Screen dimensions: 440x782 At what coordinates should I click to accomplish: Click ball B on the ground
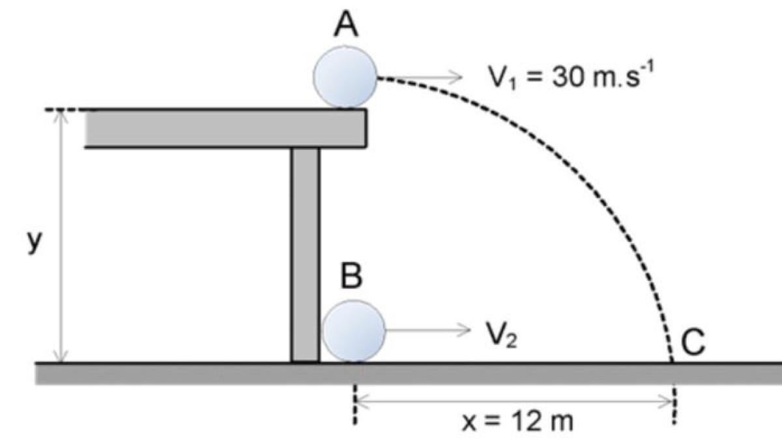[354, 331]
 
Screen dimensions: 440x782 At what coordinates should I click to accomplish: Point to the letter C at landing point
[693, 343]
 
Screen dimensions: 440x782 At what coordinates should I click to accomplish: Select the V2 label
[502, 336]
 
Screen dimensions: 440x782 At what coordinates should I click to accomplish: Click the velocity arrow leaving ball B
[430, 330]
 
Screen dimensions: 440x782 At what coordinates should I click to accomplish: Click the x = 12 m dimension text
[518, 421]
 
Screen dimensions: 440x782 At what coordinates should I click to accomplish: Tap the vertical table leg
[306, 254]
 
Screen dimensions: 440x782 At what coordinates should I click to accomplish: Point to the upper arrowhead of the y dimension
[62, 116]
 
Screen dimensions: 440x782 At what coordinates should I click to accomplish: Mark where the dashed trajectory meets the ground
[672, 362]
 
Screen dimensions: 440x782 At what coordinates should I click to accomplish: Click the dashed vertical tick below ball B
[355, 404]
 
